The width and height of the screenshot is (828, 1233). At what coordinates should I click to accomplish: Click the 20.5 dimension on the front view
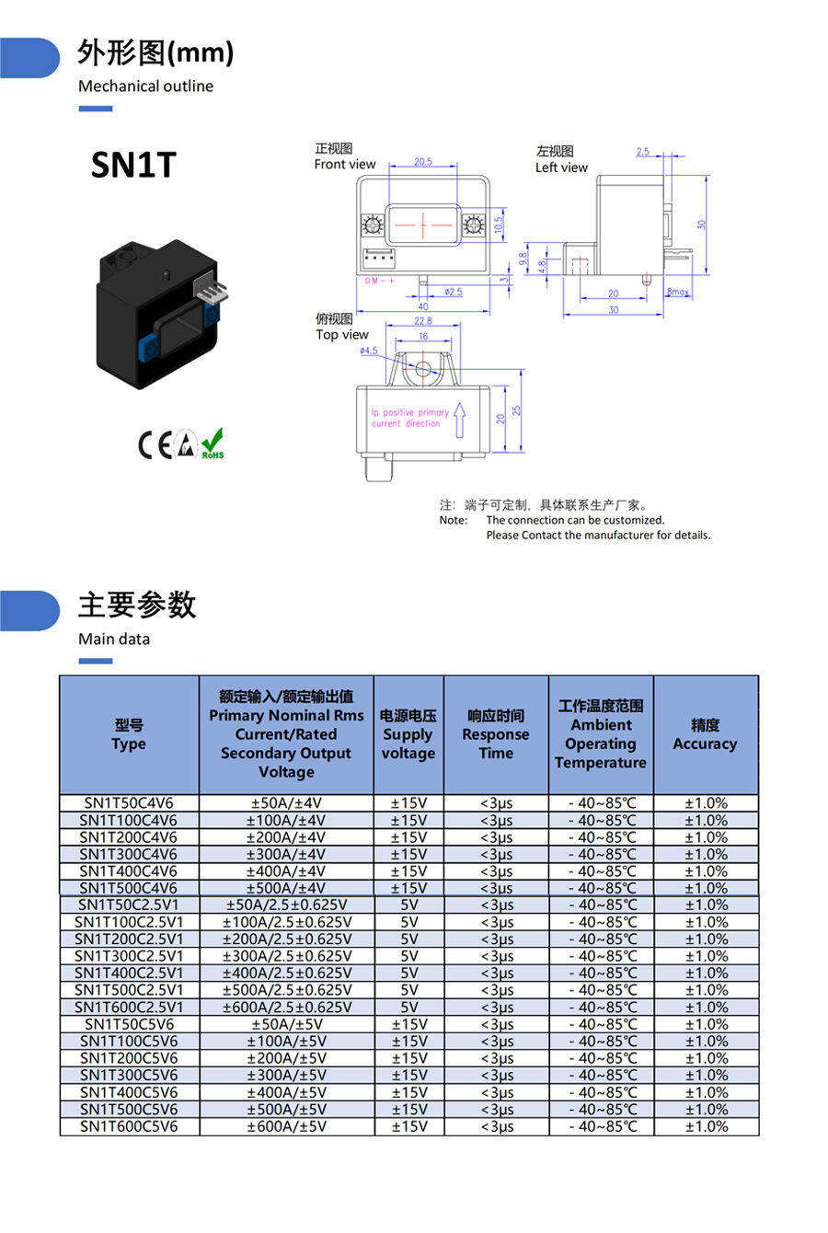click(x=422, y=162)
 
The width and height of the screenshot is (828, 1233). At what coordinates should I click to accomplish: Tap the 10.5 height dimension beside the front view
click(x=499, y=224)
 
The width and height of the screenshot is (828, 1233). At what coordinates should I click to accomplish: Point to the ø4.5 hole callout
click(x=368, y=351)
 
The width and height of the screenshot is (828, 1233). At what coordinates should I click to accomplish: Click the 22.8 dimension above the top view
click(x=422, y=321)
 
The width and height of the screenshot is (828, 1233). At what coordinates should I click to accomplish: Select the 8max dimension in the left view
click(x=677, y=292)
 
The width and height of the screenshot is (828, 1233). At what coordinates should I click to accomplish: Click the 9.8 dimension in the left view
click(x=523, y=259)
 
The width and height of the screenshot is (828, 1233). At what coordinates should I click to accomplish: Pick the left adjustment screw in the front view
click(x=374, y=224)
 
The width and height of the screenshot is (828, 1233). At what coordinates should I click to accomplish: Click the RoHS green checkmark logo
click(x=213, y=444)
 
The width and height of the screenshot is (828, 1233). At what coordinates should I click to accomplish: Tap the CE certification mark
click(x=155, y=445)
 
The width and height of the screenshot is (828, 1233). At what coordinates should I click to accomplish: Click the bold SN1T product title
click(x=132, y=165)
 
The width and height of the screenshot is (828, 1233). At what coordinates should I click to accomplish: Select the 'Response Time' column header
click(x=496, y=734)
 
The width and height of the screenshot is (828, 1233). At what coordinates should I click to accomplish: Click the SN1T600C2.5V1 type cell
click(x=129, y=1007)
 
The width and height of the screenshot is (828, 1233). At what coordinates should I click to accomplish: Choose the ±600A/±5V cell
click(x=286, y=1126)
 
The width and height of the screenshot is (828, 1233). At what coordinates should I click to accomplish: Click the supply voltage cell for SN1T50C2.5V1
click(x=408, y=905)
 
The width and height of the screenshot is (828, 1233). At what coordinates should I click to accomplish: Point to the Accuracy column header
click(x=705, y=734)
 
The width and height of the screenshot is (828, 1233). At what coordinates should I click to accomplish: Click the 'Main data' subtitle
click(x=114, y=639)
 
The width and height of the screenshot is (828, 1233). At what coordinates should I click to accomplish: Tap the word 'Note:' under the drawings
click(x=453, y=520)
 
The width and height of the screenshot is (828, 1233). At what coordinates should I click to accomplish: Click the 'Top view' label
click(x=341, y=335)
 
